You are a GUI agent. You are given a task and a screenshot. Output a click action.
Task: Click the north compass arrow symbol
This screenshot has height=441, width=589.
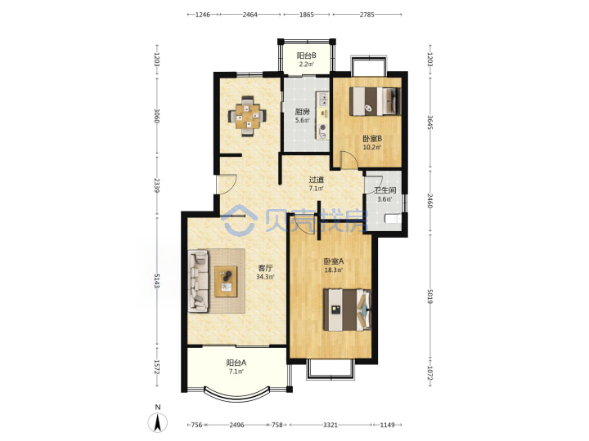point(157,422)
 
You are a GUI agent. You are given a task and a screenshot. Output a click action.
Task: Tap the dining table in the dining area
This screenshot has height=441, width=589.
point(247,116)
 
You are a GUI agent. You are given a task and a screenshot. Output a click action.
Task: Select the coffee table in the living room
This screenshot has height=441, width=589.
point(226,282)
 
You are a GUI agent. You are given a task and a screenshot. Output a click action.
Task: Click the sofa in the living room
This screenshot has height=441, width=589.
point(198,281)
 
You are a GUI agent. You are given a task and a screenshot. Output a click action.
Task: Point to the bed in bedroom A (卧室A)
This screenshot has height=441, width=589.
point(347,310)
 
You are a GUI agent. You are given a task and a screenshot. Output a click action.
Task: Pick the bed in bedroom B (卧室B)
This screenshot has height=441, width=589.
point(375,101)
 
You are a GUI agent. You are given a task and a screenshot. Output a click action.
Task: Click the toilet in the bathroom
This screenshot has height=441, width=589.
point(393,218)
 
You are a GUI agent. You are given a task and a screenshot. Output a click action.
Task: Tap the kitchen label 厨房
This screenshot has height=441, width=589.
point(302,112)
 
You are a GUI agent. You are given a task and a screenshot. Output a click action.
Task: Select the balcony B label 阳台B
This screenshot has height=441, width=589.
point(307,56)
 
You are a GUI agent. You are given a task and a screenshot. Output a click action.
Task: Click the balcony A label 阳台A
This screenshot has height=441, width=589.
point(236,363)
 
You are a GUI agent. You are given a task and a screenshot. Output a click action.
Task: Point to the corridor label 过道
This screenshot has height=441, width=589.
point(317,180)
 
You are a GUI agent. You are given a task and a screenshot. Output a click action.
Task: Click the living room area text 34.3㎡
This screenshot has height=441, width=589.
point(265,277)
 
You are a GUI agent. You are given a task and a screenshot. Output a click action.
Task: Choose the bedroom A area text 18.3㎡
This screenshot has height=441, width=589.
point(334,270)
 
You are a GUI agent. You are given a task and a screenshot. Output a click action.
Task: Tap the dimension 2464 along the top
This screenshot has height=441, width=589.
point(250,15)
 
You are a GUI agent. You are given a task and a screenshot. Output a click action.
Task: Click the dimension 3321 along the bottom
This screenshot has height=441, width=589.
point(330,425)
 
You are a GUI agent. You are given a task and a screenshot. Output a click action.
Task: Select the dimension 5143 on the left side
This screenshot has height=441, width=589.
point(156,280)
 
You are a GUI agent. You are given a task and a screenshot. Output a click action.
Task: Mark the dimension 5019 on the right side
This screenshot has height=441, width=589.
point(429,296)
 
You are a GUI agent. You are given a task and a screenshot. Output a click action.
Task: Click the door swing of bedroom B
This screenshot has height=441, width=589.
point(349,159)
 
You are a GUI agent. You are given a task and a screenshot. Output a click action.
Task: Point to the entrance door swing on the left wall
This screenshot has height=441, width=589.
point(227,184)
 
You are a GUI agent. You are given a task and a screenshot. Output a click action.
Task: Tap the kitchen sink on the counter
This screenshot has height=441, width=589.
point(322,99)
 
